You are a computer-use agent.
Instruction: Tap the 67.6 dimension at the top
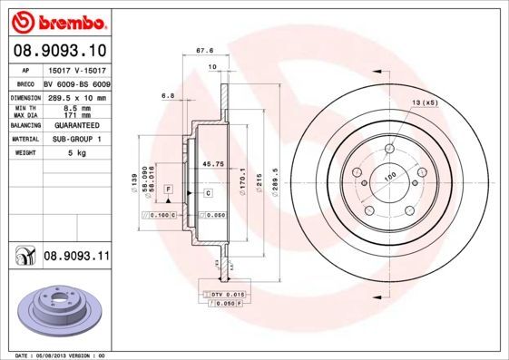pyautogui.click(x=217, y=51)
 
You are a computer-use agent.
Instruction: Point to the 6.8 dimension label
pyautogui.click(x=167, y=94)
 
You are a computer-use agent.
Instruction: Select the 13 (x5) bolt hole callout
pyautogui.click(x=424, y=104)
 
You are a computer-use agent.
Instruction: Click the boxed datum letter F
pyautogui.click(x=168, y=187)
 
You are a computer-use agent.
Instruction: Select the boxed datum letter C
pyautogui.click(x=208, y=194)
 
